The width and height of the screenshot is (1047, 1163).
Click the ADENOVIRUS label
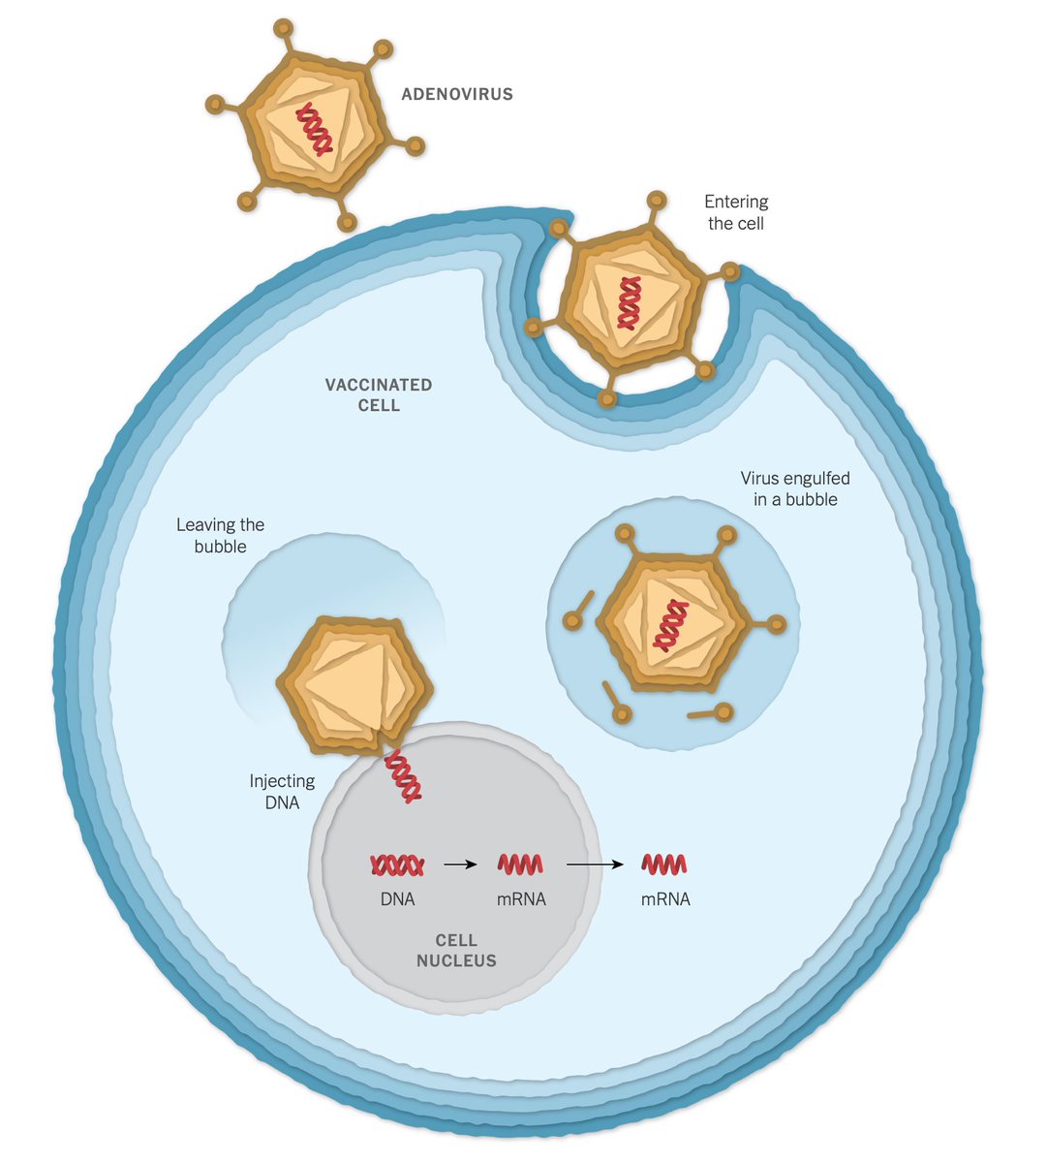(457, 95)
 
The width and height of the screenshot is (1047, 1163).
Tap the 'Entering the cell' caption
(736, 212)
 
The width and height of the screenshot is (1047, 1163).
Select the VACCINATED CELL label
(379, 394)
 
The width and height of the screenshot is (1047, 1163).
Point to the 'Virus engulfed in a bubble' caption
(795, 488)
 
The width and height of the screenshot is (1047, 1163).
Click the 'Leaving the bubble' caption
(220, 535)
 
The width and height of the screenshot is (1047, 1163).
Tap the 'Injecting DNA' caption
(282, 791)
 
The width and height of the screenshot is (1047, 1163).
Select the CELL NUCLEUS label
(456, 950)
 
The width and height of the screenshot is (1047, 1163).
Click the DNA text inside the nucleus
(397, 899)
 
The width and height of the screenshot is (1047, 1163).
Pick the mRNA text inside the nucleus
(521, 899)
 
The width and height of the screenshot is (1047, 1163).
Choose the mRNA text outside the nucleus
(665, 899)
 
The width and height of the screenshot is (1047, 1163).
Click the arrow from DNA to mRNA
(460, 864)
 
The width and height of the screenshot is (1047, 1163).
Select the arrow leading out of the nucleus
(595, 864)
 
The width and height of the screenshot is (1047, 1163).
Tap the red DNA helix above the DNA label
(397, 864)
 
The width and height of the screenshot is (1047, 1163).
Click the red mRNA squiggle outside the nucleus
(664, 864)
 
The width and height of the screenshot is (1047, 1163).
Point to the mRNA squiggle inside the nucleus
(520, 864)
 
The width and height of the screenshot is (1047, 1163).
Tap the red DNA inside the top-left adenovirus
(314, 130)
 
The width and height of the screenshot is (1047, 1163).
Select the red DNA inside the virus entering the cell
(631, 302)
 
